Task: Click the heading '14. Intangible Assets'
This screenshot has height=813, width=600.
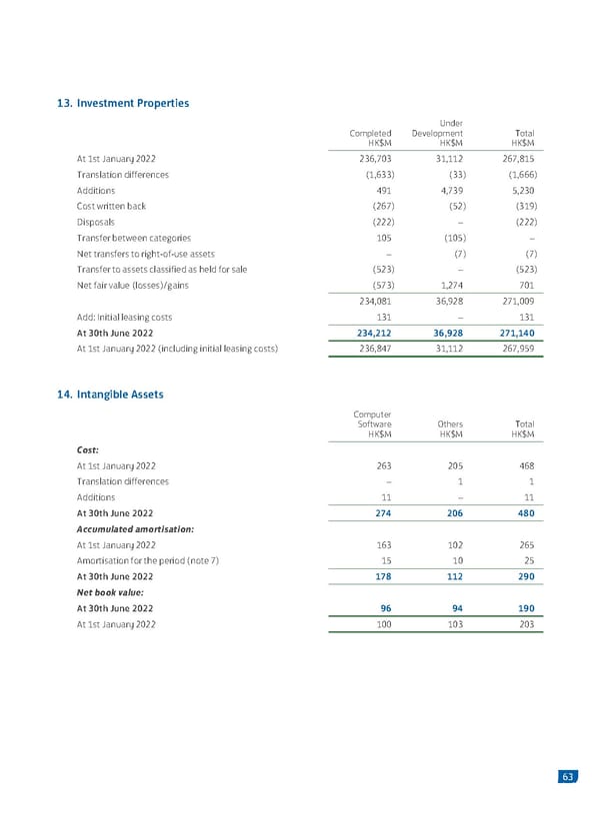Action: [x=112, y=395]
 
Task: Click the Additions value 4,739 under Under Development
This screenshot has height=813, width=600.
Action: [x=447, y=190]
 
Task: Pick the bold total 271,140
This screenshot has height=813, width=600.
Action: [x=517, y=333]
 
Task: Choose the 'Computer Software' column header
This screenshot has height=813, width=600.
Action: [x=372, y=423]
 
